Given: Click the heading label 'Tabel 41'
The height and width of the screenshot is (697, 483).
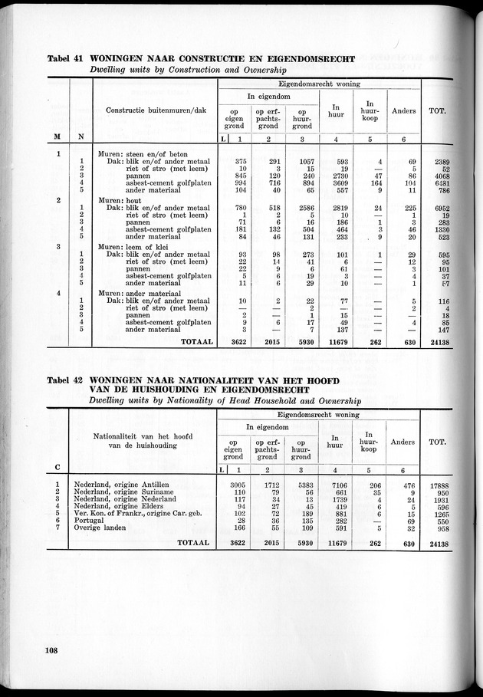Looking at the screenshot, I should pos(65,58).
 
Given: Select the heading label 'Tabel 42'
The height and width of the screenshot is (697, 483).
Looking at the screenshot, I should pos(65,380).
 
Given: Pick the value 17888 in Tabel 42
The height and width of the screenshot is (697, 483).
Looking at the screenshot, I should pos(438,485).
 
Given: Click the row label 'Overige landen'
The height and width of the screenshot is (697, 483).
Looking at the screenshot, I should pos(104,529).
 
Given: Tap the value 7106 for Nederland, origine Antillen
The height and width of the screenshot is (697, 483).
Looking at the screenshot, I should pos(337,485).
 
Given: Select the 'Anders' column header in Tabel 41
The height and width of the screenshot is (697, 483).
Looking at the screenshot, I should pos(403,111).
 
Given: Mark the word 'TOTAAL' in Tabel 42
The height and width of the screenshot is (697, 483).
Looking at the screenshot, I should pos(194,542).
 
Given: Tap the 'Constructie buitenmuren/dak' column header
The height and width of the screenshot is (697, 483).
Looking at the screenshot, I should pos(153,111).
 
